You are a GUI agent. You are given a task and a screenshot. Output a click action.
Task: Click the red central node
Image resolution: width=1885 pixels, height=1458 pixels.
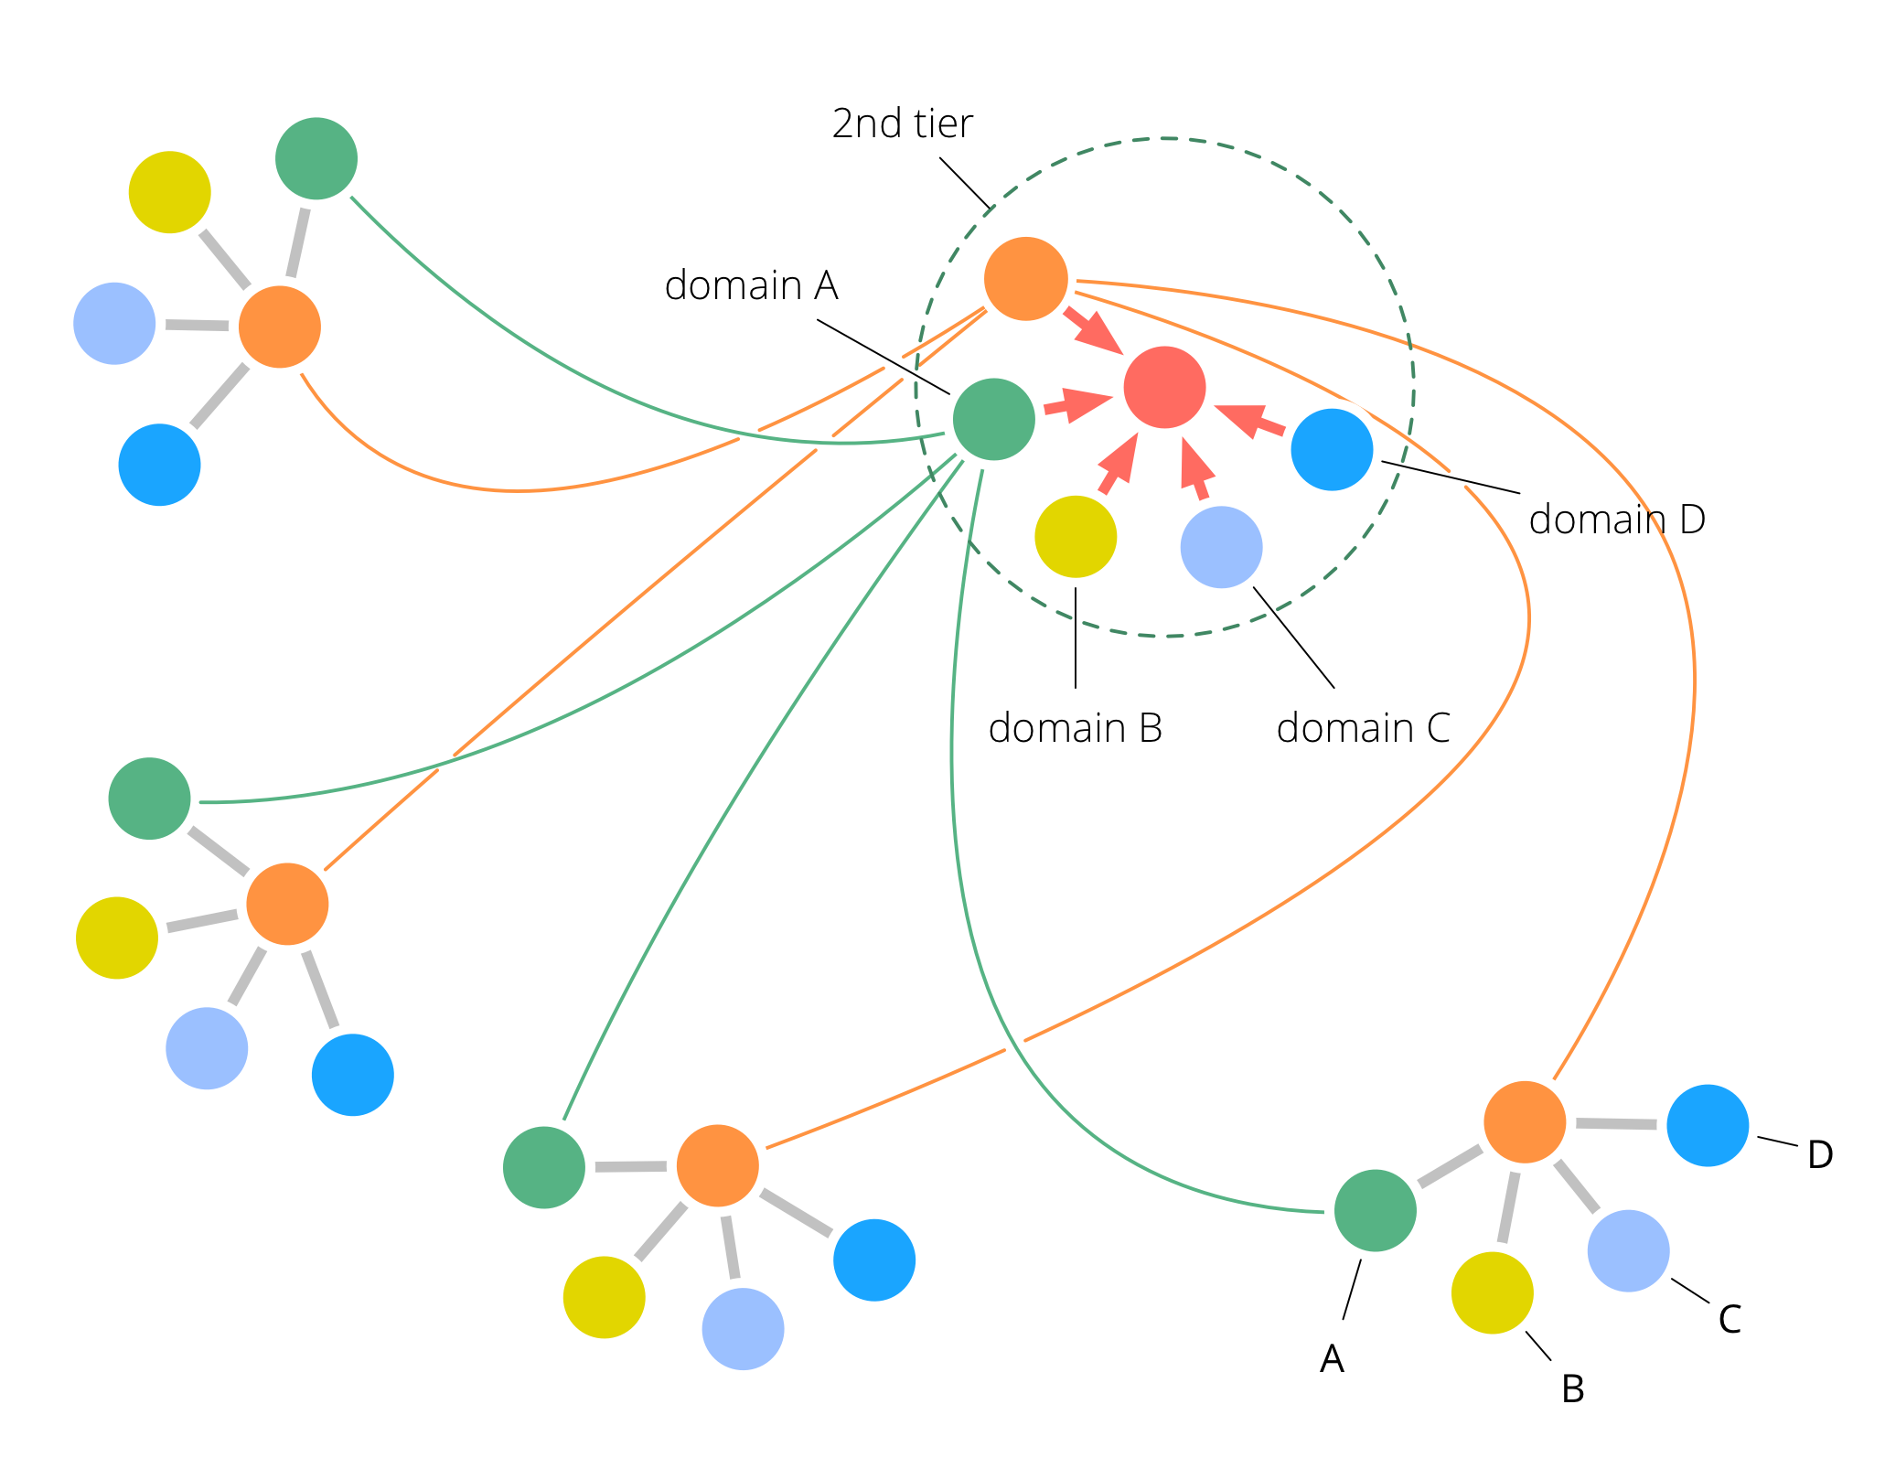(x=1164, y=388)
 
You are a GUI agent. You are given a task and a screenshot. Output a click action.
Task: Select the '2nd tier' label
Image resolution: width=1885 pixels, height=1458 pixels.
(x=902, y=124)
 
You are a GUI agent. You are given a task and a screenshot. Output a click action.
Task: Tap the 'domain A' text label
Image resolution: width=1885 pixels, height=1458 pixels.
(x=751, y=286)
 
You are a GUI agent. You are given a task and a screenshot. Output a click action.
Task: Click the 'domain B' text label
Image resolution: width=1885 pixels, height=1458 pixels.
(x=1075, y=729)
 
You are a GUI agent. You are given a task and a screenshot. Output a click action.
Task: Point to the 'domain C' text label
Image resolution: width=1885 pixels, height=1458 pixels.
(x=1363, y=729)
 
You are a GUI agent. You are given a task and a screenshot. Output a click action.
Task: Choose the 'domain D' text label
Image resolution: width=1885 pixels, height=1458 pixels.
(x=1617, y=520)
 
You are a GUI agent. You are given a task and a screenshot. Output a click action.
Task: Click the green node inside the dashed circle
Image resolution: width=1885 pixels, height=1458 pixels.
(x=994, y=420)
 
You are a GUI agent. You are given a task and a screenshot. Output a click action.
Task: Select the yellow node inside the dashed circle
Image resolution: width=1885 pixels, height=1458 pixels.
(x=1076, y=537)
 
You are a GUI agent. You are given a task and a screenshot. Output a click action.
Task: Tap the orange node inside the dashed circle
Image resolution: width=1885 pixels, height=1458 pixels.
(x=1026, y=279)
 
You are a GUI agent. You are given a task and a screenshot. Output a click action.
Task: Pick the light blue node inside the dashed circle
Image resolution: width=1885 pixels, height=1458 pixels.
(x=1221, y=547)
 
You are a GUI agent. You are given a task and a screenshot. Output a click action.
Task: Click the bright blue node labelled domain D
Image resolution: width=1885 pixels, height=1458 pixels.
(x=1332, y=449)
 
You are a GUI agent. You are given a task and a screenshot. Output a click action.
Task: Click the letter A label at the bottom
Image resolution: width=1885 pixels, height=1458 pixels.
(x=1332, y=1359)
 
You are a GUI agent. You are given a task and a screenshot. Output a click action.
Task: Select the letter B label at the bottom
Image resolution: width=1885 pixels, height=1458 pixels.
(x=1572, y=1389)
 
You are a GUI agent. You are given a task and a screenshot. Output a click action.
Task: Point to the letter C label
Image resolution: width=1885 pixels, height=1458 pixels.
(x=1729, y=1320)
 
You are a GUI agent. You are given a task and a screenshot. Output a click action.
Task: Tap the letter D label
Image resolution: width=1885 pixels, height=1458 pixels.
(x=1820, y=1155)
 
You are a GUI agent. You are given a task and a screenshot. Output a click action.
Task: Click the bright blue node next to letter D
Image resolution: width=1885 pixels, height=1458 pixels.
(x=1708, y=1125)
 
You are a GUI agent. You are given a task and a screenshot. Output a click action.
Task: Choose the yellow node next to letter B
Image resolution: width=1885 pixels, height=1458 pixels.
(x=1492, y=1293)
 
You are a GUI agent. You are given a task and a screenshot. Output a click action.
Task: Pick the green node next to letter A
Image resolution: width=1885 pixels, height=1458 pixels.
(x=1375, y=1210)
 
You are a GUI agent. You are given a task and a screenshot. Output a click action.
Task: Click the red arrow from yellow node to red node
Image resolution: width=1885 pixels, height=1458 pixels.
(x=1119, y=463)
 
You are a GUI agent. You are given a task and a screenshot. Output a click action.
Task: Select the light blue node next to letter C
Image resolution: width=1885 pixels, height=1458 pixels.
(x=1628, y=1250)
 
